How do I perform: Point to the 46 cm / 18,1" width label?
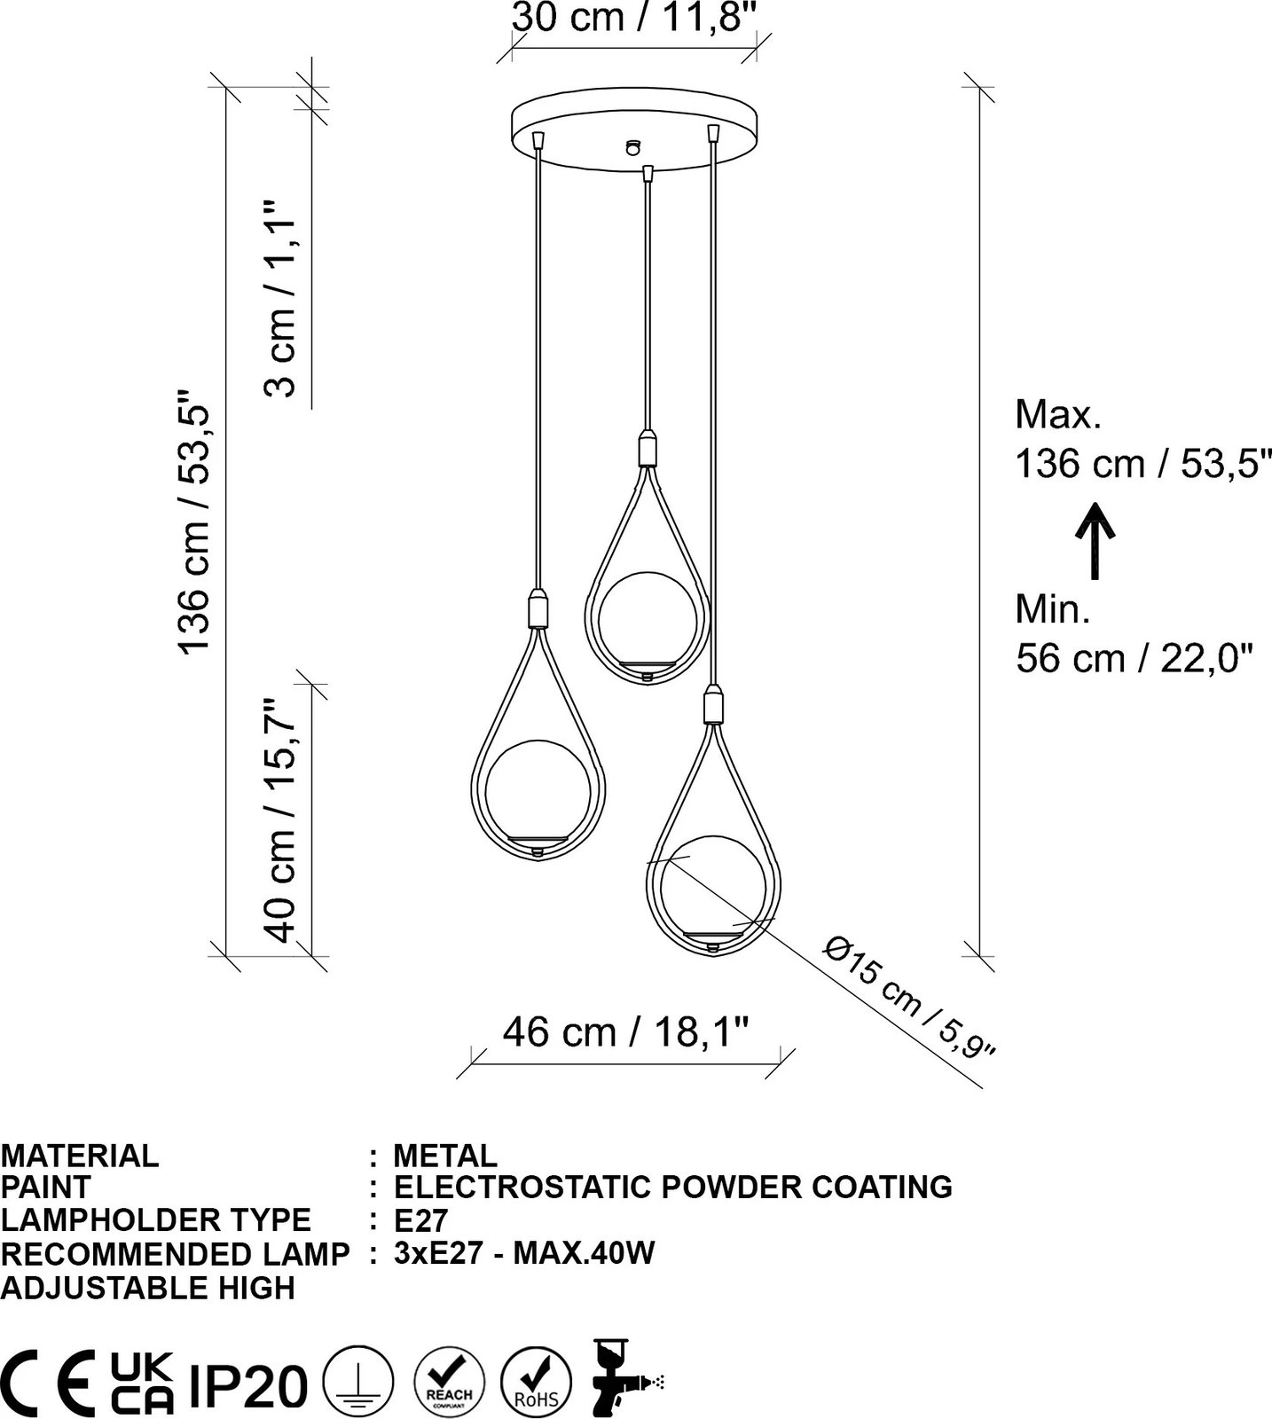pyautogui.click(x=626, y=1031)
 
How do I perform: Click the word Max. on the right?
pyautogui.click(x=1058, y=415)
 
